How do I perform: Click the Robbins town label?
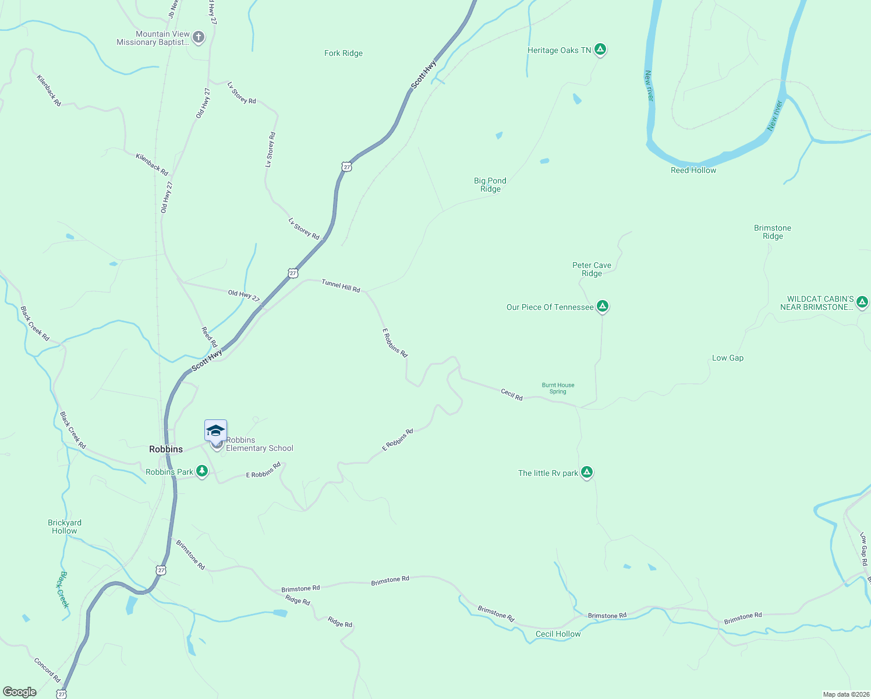166,449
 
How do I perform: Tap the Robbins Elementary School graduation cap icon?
215,431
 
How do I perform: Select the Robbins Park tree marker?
202,471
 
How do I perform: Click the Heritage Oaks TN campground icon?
600,50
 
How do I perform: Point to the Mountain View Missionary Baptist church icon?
199,38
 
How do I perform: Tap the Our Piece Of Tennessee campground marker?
603,306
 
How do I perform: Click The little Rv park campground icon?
587,472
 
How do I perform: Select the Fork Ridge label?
344,53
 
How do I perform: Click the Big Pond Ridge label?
490,185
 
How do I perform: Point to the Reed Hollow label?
693,170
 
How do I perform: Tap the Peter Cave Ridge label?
592,269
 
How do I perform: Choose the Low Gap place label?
728,358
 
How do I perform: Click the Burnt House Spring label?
558,388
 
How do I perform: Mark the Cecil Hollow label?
558,634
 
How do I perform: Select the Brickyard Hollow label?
65,527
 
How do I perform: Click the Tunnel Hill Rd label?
341,285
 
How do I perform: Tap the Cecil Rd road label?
512,394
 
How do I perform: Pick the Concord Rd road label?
47,670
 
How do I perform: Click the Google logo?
20,692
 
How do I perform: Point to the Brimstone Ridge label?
773,232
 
